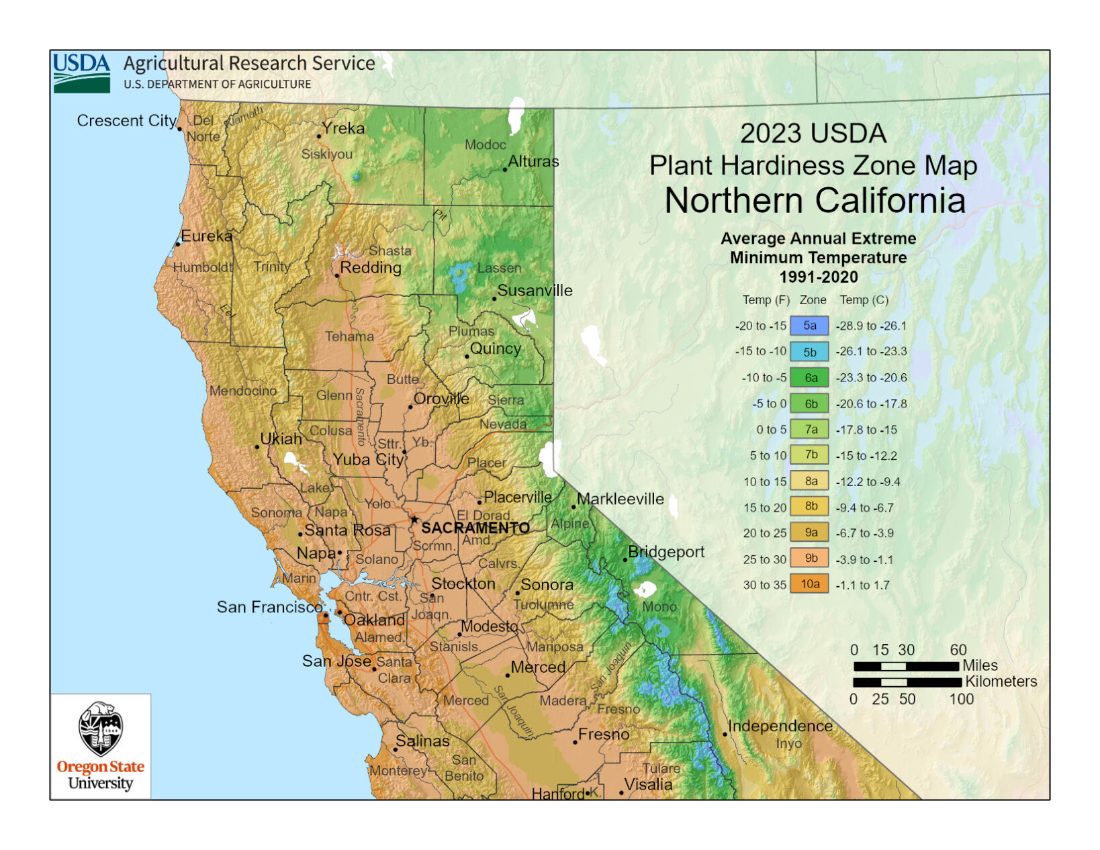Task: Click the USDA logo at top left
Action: pos(81,72)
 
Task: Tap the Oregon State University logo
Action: pos(101,746)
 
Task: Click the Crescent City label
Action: pos(126,121)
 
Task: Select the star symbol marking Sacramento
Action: pos(414,520)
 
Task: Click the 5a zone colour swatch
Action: pos(809,326)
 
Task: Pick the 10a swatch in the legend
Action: pos(809,584)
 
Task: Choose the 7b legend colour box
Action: pos(809,455)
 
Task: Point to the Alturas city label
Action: pos(533,161)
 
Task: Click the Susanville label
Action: pos(535,291)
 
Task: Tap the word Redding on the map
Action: pos(371,267)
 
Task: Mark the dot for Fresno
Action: pos(575,743)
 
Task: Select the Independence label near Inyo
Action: pos(780,726)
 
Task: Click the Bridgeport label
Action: pos(666,552)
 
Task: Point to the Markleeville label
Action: pos(621,499)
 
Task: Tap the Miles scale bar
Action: pos(906,666)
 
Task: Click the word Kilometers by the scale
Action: pos(1001,681)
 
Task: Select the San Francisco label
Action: pos(269,607)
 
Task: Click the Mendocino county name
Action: pos(242,391)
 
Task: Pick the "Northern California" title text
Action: pos(815,200)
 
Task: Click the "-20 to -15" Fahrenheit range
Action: pos(761,326)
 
